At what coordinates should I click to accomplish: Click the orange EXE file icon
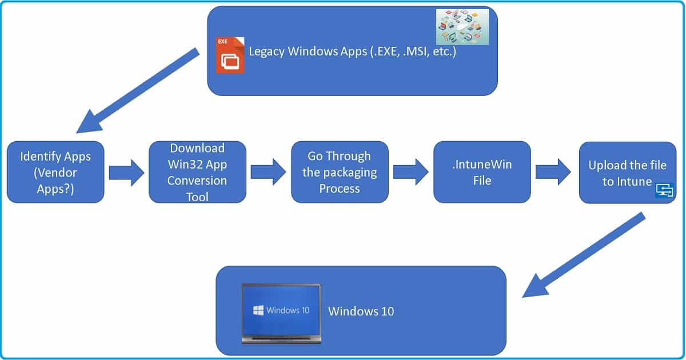230,55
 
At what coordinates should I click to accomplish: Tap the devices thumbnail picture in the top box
462,27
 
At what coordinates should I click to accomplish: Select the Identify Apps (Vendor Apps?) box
55,172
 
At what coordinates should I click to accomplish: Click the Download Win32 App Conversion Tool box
197,172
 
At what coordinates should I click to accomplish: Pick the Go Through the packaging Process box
340,172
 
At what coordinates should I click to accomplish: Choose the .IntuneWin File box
482,172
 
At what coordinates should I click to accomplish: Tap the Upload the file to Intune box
627,173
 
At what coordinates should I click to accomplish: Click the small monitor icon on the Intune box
664,191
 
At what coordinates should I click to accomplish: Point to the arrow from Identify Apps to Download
127,173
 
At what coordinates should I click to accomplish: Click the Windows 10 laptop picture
281,313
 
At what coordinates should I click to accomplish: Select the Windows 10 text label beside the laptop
361,311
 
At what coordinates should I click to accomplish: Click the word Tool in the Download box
197,197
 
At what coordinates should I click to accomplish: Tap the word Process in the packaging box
340,189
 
